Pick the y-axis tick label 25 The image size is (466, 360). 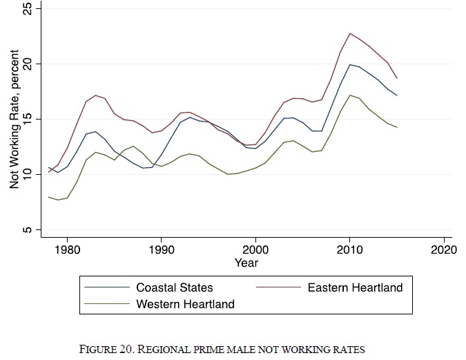27,8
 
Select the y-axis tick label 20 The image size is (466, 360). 27,64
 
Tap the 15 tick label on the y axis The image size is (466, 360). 27,119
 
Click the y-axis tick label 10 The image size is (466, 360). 27,174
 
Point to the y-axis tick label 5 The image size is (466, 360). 27,229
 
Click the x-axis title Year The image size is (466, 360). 246,263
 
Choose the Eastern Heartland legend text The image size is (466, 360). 355,287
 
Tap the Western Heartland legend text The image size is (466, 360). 185,303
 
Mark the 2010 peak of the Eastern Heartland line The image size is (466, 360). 350,33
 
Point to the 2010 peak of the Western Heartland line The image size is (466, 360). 351,95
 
